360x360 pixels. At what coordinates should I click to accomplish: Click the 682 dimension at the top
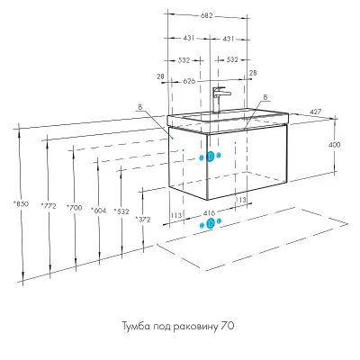coord(207,15)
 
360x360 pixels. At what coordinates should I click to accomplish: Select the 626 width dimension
coord(189,81)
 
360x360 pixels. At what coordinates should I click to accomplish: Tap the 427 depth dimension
coord(316,112)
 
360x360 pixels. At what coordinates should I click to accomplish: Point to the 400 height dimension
coord(335,145)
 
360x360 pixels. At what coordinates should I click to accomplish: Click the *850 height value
coord(21,204)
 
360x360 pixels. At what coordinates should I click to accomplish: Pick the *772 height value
coord(49,206)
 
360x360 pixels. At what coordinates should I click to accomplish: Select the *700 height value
coord(74,207)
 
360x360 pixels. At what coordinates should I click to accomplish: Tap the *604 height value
coord(99,210)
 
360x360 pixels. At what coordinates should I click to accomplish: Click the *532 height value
coord(121,211)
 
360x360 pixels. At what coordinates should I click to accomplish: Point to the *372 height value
coord(143,220)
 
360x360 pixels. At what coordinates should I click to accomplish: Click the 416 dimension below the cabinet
coord(209,213)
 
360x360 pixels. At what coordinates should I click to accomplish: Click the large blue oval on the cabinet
coord(211,157)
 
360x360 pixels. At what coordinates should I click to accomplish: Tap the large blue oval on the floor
coord(211,223)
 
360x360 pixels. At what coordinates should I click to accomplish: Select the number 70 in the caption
coord(228,326)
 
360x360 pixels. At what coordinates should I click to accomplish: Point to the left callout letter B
coord(139,107)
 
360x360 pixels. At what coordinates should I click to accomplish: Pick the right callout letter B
coord(265,97)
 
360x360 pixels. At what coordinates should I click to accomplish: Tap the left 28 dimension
coord(160,76)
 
